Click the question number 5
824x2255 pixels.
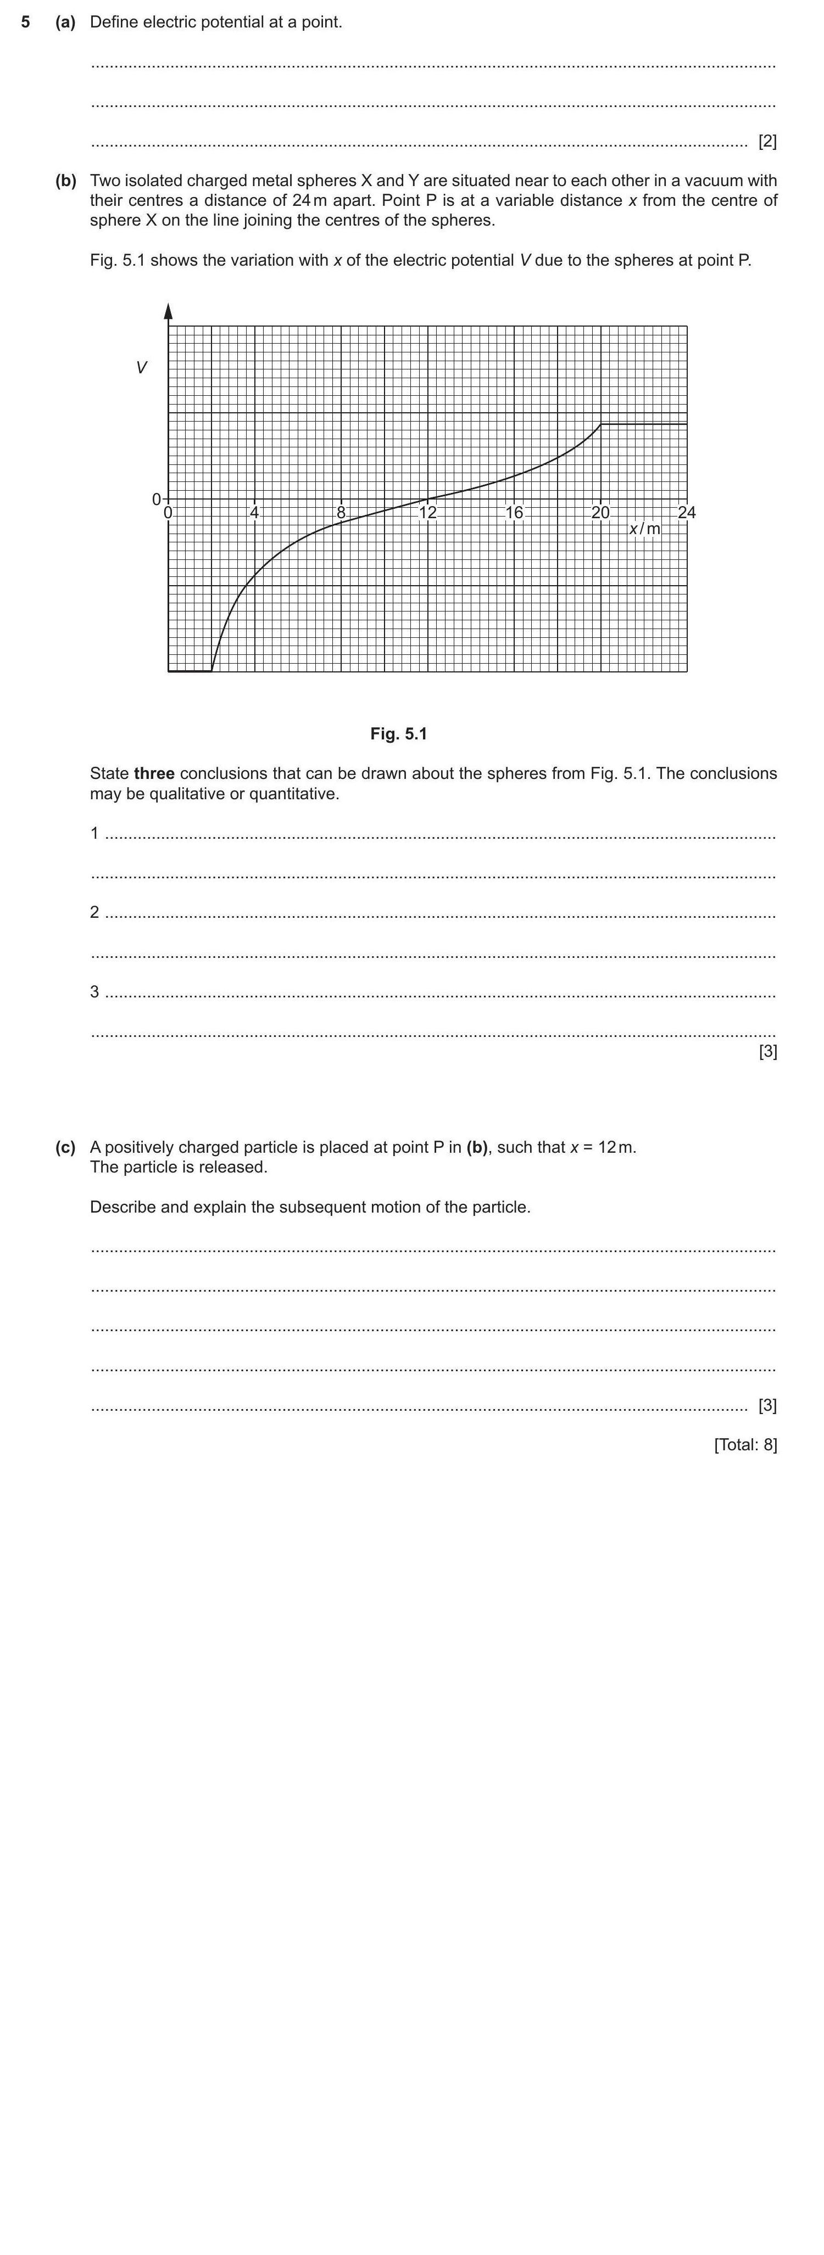click(25, 22)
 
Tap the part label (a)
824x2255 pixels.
click(66, 22)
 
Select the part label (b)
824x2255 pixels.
click(66, 181)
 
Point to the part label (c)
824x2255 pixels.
click(66, 1147)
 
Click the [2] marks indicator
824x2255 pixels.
click(767, 141)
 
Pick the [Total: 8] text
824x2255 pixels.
click(745, 1444)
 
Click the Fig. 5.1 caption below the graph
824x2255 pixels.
click(398, 733)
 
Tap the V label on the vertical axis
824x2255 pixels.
click(141, 368)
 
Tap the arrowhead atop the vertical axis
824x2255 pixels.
click(168, 311)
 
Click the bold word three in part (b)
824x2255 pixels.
click(154, 774)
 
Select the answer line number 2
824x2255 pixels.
click(94, 912)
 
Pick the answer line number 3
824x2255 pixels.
click(94, 992)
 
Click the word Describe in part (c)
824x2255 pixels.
click(123, 1207)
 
